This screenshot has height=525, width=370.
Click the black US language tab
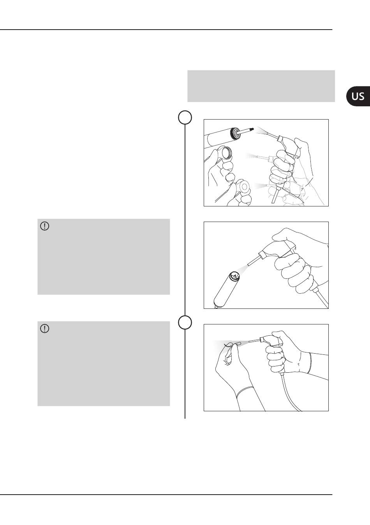pos(358,96)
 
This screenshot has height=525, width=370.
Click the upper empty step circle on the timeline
pos(185,117)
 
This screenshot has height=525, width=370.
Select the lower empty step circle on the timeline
pos(185,322)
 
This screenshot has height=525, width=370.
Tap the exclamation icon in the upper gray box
pos(45,226)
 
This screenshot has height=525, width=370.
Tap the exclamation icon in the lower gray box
pos(45,329)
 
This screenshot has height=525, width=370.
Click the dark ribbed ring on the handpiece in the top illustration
pos(234,133)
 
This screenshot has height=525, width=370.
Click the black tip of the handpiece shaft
pos(252,129)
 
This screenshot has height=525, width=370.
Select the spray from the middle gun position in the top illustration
pos(252,156)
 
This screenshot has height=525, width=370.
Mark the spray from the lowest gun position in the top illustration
pos(261,186)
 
